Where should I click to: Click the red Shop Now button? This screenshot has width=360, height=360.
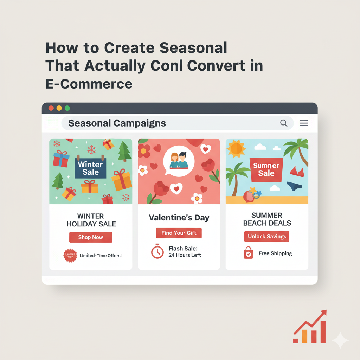(x=90, y=237)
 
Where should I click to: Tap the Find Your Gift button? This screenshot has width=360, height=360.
(x=179, y=233)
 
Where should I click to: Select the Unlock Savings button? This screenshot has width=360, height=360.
(x=267, y=236)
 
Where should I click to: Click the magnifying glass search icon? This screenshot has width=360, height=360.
(x=283, y=123)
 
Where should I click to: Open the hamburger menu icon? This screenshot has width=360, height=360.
(x=304, y=123)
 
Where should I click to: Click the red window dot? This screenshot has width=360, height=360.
(x=51, y=108)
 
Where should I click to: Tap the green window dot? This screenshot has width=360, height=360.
(x=67, y=108)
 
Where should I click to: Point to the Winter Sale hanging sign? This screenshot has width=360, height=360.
(x=90, y=168)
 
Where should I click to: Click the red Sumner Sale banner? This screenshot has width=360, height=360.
(x=266, y=169)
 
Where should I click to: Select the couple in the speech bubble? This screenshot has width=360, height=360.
(x=179, y=160)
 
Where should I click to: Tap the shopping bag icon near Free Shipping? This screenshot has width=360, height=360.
(x=248, y=253)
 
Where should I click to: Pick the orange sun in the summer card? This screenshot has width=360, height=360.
(x=236, y=148)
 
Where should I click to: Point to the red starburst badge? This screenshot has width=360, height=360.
(x=70, y=256)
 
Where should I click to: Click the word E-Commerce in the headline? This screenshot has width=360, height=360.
(x=89, y=84)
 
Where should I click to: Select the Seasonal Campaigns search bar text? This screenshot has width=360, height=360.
(x=117, y=123)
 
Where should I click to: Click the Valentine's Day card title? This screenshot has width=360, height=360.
(x=179, y=218)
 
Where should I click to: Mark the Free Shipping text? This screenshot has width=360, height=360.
(x=275, y=253)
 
